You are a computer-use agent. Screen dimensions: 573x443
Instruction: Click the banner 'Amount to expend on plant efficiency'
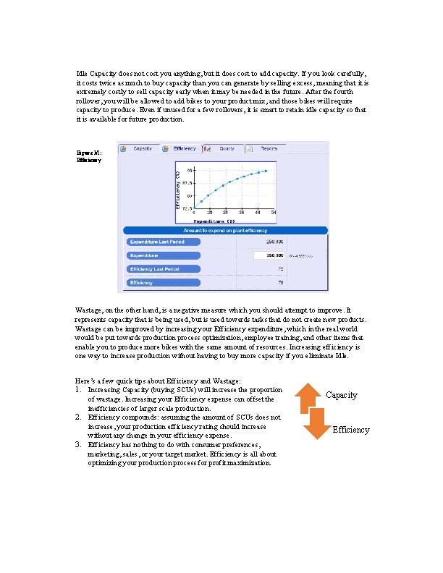[x=227, y=229]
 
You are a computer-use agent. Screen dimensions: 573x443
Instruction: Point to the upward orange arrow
[x=309, y=396]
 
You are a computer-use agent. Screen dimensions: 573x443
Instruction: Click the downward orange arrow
[x=317, y=424]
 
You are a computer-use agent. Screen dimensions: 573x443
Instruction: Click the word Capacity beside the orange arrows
[x=342, y=395]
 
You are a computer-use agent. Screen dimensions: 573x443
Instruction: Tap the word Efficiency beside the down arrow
[x=351, y=430]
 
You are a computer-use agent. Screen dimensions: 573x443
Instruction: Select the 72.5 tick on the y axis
[x=187, y=208]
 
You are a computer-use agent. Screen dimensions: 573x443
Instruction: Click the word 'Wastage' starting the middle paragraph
[x=89, y=310]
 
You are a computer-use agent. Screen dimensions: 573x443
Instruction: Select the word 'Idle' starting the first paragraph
[x=83, y=74]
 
